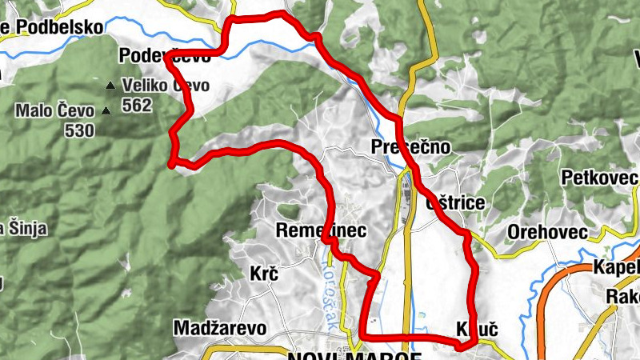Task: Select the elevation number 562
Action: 137,105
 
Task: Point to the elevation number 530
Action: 80,130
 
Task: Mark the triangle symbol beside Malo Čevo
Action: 105,111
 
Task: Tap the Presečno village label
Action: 411,146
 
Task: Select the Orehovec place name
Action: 547,233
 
